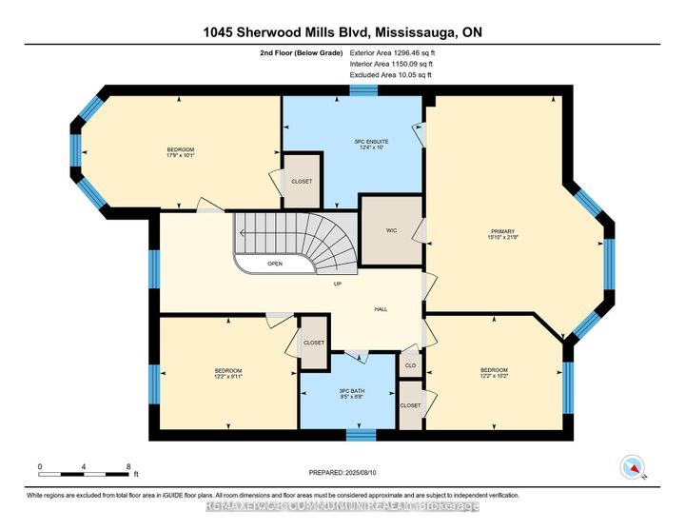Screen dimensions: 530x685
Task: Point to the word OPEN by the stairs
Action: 275,264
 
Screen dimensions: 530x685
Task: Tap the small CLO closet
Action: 411,364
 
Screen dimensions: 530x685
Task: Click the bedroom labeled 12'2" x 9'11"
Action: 227,373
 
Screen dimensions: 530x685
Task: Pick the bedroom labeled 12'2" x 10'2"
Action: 493,373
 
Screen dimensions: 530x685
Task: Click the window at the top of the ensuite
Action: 362,90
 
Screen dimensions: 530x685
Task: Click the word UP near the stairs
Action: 338,285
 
